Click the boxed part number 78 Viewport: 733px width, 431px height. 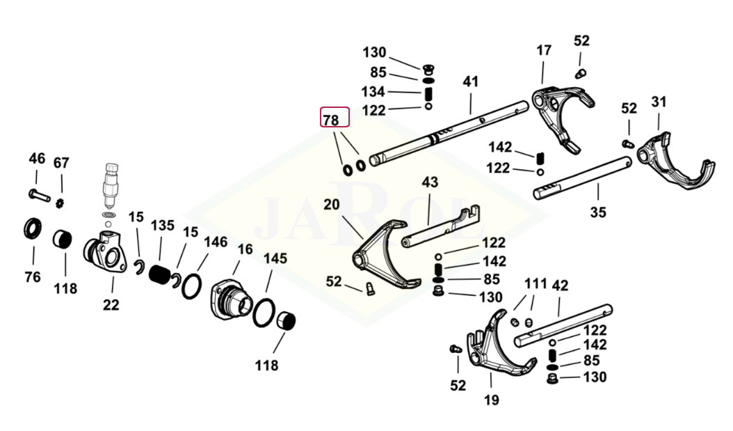pos(331,119)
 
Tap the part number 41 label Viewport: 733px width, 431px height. pos(471,81)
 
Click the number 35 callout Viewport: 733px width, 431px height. pos(598,213)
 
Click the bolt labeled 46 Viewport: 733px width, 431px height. pos(39,193)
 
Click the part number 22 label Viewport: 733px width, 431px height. pos(111,304)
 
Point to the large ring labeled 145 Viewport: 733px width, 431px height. pos(264,311)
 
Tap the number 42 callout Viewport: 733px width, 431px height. pos(561,285)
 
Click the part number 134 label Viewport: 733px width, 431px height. pos(373,91)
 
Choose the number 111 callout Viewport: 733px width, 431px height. pos(535,285)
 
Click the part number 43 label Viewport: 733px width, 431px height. pos(430,182)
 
